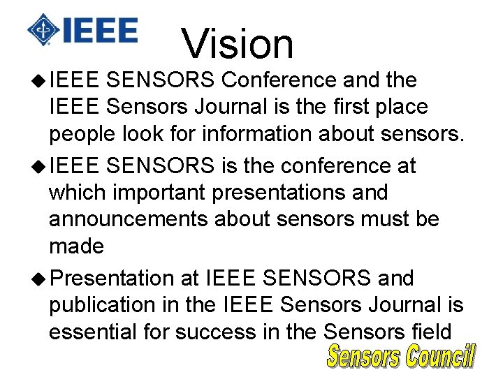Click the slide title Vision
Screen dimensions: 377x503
tap(238, 43)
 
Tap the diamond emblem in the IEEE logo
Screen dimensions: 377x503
tap(43, 30)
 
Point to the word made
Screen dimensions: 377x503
tap(76, 246)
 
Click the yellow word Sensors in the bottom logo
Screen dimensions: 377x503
tap(363, 356)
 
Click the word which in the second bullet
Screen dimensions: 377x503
tap(77, 192)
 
